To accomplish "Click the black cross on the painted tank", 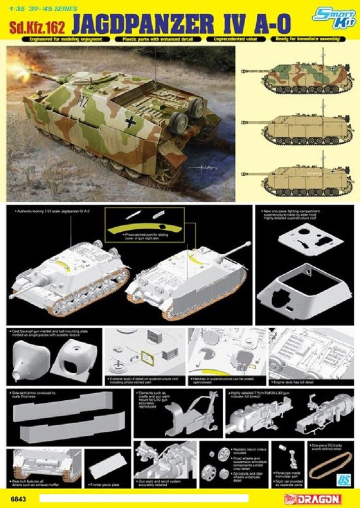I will (133, 121).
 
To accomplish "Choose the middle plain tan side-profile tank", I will (303, 125).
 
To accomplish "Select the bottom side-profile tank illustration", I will (303, 178).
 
